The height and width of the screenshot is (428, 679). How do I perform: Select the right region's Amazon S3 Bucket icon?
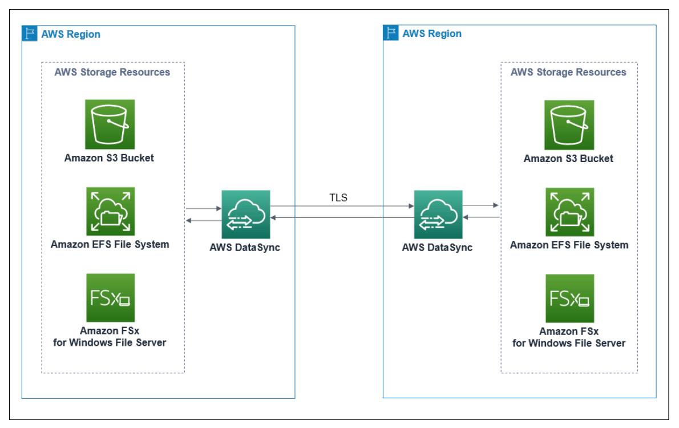[569, 125]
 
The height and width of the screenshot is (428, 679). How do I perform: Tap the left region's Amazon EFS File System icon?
[110, 211]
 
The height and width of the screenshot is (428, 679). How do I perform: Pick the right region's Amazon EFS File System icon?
[569, 212]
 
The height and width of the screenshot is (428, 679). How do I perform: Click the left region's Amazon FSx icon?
[110, 298]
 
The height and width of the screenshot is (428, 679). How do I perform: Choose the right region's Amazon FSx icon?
[569, 298]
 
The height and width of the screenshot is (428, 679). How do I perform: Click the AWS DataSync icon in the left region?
[245, 215]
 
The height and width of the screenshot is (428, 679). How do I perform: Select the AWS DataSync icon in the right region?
[438, 215]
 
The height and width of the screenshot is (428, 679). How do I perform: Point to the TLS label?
[338, 198]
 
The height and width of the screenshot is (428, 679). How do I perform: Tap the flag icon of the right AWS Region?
[391, 33]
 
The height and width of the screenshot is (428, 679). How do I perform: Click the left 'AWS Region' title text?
[71, 34]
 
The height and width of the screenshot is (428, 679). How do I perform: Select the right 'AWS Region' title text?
[432, 34]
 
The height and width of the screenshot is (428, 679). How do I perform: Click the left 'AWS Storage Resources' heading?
[112, 72]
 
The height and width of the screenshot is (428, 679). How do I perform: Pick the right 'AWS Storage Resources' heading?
[568, 72]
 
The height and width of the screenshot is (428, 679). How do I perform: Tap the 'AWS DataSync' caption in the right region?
[437, 248]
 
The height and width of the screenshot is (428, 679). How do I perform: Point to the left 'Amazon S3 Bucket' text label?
[109, 158]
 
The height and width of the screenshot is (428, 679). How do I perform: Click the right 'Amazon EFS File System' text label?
[569, 245]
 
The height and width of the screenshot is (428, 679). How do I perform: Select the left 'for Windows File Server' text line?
[110, 343]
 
